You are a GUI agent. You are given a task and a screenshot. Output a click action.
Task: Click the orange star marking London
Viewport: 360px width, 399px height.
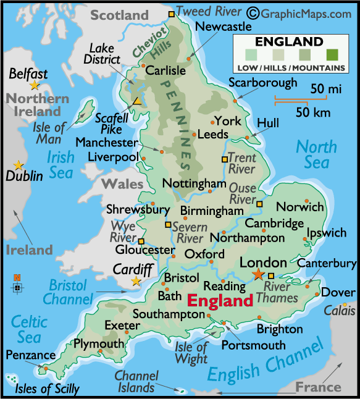click(258, 274)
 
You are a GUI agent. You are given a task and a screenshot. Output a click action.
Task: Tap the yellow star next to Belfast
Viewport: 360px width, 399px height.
click(34, 85)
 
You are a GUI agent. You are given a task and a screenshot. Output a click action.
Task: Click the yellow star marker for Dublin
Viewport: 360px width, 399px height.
click(19, 165)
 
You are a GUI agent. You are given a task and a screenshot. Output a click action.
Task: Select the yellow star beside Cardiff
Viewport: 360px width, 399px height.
click(136, 282)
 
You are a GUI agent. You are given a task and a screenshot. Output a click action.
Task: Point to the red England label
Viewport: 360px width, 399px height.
click(220, 301)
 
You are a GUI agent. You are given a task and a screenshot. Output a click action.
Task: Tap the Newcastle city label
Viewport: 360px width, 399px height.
click(223, 27)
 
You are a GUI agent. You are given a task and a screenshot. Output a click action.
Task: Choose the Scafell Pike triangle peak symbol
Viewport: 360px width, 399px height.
click(138, 101)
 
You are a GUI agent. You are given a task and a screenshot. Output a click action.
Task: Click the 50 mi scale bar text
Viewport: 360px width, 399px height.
click(325, 90)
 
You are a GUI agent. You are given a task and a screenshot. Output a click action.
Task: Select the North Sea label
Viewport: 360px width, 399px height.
click(316, 154)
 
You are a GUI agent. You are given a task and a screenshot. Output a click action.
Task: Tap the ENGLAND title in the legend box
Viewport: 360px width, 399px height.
click(288, 42)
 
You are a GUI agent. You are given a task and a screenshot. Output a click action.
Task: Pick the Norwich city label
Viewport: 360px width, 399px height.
click(299, 207)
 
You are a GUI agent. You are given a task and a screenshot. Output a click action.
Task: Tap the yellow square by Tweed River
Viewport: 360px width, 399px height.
click(172, 14)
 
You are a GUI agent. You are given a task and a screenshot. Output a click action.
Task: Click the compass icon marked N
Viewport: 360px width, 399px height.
click(17, 285)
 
